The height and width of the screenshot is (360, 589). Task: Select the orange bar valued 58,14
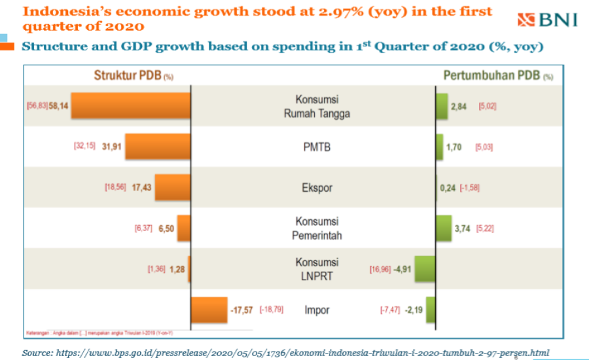pyautogui.click(x=130, y=105)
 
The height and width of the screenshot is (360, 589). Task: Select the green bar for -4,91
pyautogui.click(x=425, y=268)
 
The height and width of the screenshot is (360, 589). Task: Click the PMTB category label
pyautogui.click(x=317, y=147)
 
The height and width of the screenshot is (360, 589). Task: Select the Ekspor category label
pyautogui.click(x=317, y=188)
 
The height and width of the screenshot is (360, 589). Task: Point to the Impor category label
pyautogui.click(x=317, y=310)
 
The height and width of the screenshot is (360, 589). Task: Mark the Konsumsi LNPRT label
pyautogui.click(x=317, y=269)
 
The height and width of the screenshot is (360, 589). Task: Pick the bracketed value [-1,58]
pyautogui.click(x=471, y=188)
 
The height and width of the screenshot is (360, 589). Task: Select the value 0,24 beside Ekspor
pyautogui.click(x=448, y=188)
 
